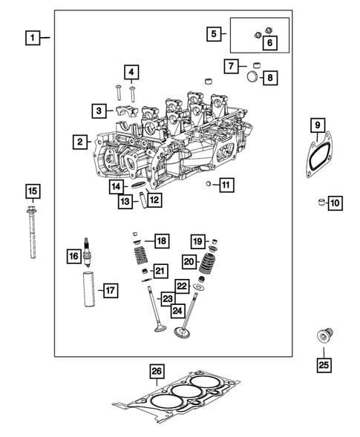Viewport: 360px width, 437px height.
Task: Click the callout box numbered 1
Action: pyautogui.click(x=32, y=36)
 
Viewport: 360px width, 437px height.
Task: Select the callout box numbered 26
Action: pyautogui.click(x=156, y=371)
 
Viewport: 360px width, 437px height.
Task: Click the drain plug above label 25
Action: pyautogui.click(x=324, y=338)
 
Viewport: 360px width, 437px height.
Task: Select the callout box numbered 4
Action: pyautogui.click(x=131, y=72)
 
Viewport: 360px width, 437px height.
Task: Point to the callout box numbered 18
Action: pyautogui.click(x=161, y=240)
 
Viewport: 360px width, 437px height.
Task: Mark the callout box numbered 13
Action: pyautogui.click(x=126, y=201)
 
